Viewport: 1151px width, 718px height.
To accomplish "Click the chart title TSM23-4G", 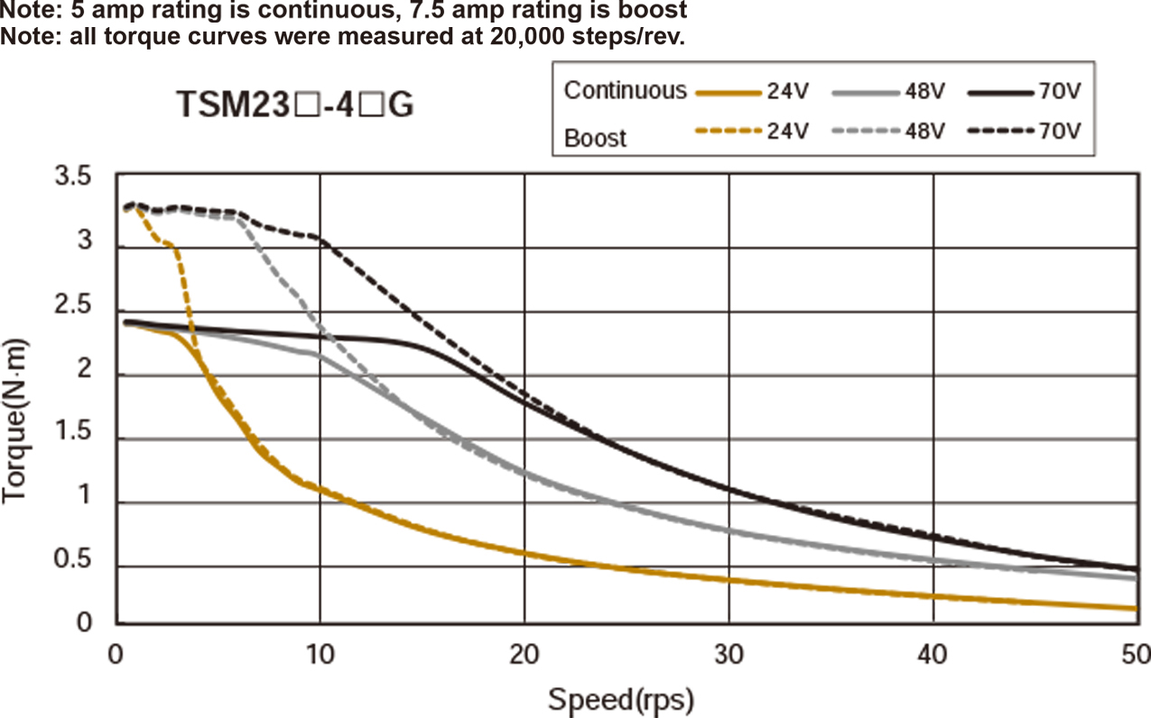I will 294,106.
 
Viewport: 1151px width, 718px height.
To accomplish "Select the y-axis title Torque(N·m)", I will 17,421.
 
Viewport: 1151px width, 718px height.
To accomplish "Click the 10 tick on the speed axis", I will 320,652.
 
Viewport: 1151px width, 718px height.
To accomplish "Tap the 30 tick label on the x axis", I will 729,652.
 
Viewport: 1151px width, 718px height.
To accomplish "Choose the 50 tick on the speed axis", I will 1134,652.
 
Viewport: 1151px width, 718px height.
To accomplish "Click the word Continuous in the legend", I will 625,90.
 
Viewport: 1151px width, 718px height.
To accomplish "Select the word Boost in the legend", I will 595,138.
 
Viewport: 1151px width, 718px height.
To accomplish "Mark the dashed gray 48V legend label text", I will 924,132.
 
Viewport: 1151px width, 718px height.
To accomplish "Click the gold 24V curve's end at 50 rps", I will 1134,609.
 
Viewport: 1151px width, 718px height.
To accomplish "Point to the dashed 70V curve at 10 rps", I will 320,238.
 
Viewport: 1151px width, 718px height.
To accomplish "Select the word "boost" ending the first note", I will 660,11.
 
